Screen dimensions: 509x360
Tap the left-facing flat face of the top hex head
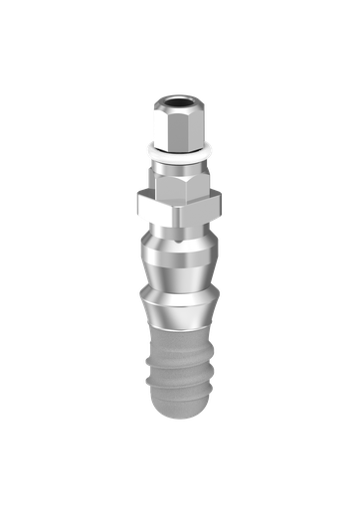coord(165,123)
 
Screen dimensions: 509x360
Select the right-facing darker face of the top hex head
coord(198,123)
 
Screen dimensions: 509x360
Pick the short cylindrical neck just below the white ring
coord(180,163)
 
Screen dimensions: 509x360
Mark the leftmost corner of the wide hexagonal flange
coord(137,206)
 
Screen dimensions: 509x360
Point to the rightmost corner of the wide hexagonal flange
coord(223,206)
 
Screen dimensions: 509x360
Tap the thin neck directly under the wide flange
coord(180,231)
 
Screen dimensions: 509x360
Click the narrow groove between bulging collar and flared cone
coord(180,285)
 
